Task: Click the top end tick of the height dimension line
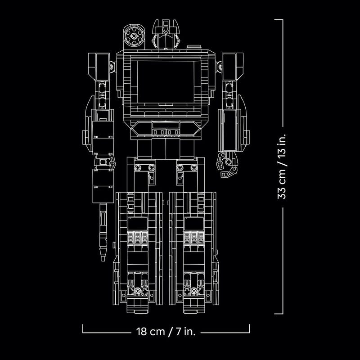(278, 20)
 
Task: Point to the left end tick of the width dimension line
(83, 328)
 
